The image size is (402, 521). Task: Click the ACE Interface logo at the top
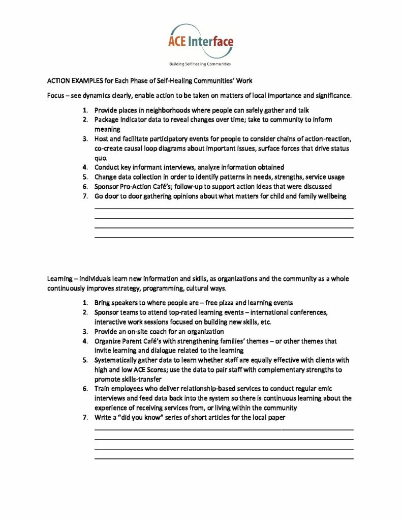point(201,41)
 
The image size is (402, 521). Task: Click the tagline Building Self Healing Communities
point(200,64)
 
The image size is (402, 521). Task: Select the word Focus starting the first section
point(55,96)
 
